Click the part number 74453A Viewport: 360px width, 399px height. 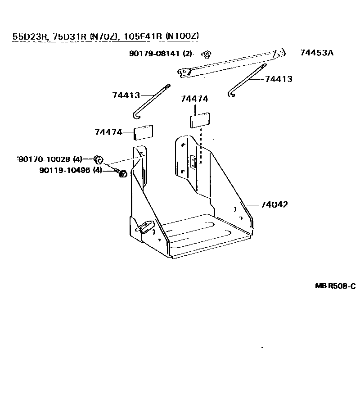[316, 53]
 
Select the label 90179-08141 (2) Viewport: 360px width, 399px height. [160, 54]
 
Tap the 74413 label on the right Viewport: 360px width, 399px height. [279, 79]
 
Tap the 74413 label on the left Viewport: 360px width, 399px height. [126, 95]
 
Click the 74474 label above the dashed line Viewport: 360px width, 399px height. [194, 99]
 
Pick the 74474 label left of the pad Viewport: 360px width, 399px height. [108, 132]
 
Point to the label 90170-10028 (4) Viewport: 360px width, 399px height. [49, 159]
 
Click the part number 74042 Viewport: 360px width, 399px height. [274, 204]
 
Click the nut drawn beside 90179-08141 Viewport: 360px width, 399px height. [207, 54]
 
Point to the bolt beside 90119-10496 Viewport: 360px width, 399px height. [121, 173]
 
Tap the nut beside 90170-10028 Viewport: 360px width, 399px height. [99, 159]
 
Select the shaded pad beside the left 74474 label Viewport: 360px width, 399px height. [144, 132]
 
